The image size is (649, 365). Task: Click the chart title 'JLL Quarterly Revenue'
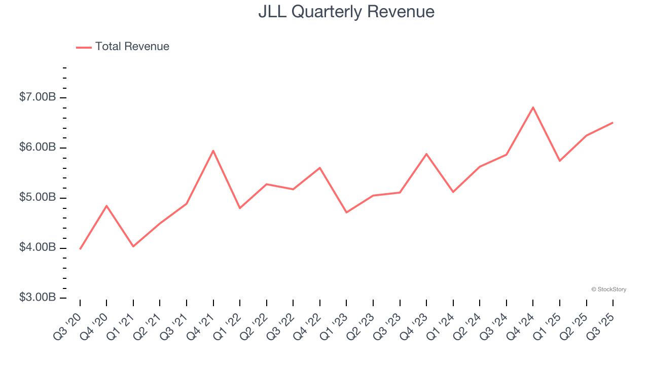(x=346, y=12)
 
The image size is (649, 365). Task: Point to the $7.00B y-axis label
(x=38, y=97)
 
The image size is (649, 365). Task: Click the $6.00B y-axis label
(x=38, y=147)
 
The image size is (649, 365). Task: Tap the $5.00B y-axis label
(x=38, y=197)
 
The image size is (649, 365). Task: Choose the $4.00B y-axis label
(x=38, y=247)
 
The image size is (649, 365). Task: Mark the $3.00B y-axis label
(x=38, y=297)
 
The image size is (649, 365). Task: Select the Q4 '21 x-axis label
(x=201, y=326)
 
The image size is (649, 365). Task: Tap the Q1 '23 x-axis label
(x=334, y=326)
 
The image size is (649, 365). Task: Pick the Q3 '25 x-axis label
(x=600, y=326)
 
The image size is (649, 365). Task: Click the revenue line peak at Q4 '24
(x=533, y=107)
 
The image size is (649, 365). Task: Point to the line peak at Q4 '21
(x=213, y=151)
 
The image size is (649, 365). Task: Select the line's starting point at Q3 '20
(x=80, y=249)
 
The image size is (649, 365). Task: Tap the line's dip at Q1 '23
(x=346, y=212)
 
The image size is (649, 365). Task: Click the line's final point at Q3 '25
(x=612, y=123)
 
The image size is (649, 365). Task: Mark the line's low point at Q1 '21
(x=133, y=246)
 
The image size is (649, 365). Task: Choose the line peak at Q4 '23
(x=426, y=154)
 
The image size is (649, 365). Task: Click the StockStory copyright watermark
(x=608, y=289)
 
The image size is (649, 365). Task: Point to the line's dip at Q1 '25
(x=560, y=161)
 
